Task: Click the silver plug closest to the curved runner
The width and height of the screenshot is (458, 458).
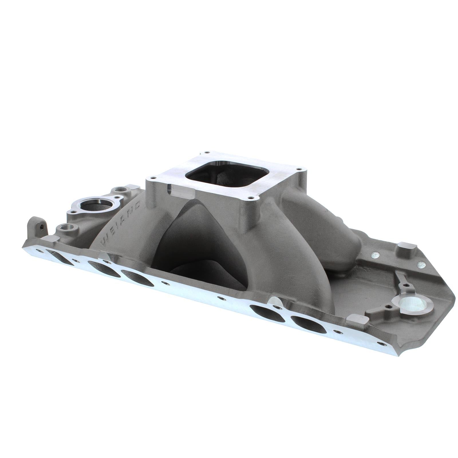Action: (x=375, y=254)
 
